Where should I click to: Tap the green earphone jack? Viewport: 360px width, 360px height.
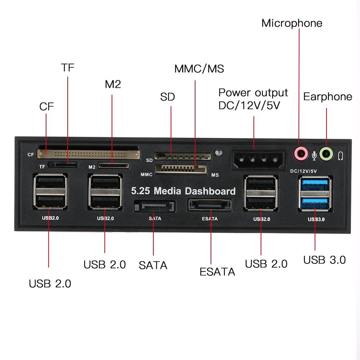[x=327, y=154]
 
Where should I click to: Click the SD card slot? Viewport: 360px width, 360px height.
[x=182, y=156]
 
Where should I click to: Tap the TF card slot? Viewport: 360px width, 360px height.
[x=64, y=165]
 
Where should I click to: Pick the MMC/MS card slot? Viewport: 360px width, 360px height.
[x=181, y=169]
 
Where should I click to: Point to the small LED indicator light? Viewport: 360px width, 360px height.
[x=217, y=152]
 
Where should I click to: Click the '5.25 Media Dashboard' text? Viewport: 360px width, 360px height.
[x=183, y=191]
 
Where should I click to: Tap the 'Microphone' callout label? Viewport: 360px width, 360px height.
[x=292, y=23]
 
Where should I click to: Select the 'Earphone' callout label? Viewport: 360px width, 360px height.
[x=328, y=96]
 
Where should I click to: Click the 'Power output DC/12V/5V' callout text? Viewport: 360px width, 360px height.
[x=253, y=99]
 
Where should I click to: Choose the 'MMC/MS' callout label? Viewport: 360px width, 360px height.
[x=199, y=69]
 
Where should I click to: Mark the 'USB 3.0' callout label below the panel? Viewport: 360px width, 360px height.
[x=324, y=260]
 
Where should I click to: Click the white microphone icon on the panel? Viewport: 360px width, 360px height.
[x=314, y=155]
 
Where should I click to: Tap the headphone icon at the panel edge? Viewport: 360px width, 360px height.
[x=341, y=156]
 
